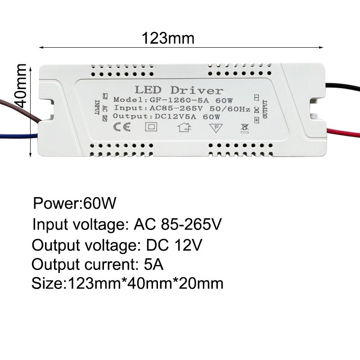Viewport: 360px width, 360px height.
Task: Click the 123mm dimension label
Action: [x=168, y=38]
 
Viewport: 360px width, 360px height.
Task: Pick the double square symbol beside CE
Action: [x=149, y=127]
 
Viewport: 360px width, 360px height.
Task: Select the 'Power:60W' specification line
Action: [x=75, y=203]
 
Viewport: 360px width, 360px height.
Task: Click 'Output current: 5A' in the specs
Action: [x=98, y=264]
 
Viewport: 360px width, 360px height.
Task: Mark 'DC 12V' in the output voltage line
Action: [x=175, y=245]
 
